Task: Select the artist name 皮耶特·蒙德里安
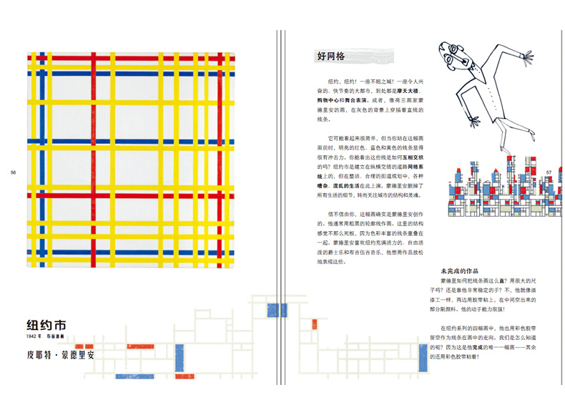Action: (60, 354)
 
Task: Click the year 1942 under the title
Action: (34, 336)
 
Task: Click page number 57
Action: (549, 172)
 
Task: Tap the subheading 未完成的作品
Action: (459, 271)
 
